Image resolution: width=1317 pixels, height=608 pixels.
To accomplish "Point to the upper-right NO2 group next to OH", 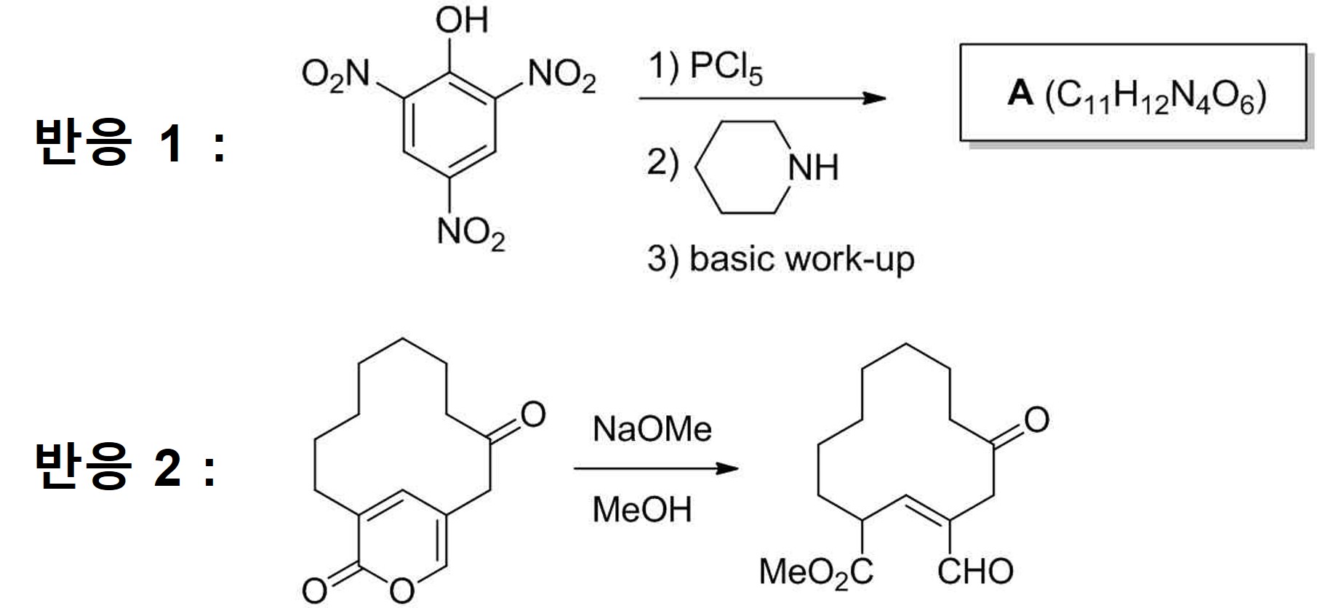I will click(x=561, y=75).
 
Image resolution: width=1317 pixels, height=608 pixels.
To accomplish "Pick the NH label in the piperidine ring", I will click(x=813, y=168).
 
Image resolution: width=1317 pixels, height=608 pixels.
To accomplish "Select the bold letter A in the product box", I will click(x=1020, y=94).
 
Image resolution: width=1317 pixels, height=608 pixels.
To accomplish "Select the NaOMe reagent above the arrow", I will click(x=652, y=429).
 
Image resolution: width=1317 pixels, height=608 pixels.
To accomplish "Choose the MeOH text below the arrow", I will click(x=641, y=509).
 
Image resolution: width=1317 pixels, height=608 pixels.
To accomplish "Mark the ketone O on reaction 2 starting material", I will click(x=532, y=415).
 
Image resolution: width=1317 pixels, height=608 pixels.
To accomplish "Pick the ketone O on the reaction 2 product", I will click(x=1036, y=420).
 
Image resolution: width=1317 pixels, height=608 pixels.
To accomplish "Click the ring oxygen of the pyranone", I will click(x=401, y=590).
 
